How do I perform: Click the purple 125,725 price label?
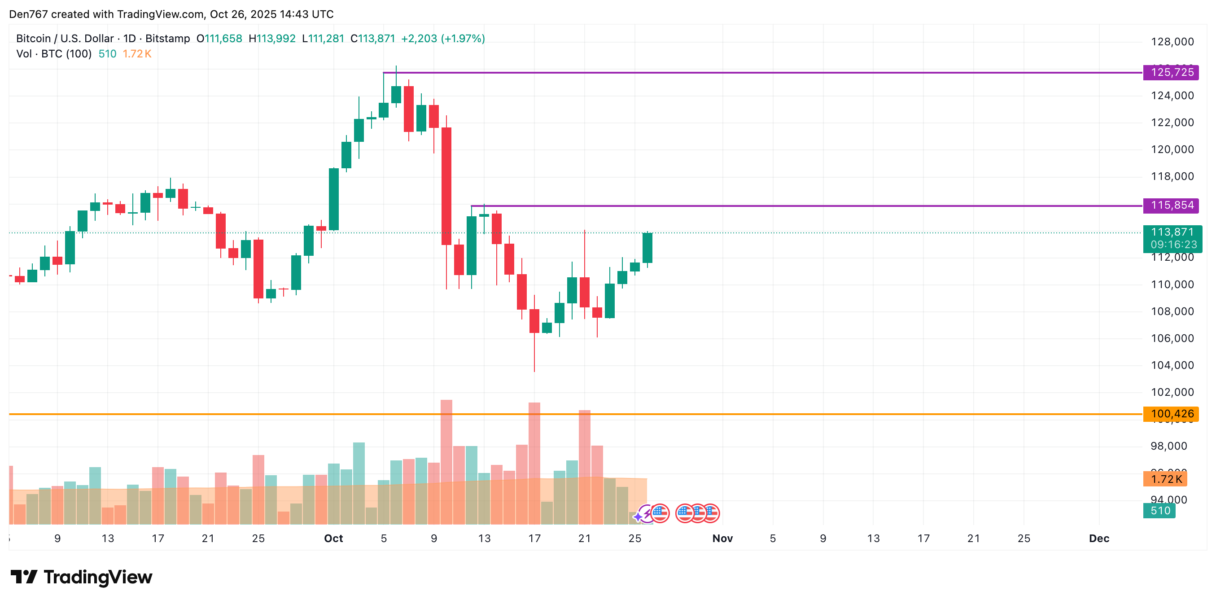1171,73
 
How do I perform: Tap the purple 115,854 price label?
1171,206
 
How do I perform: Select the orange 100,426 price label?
1171,414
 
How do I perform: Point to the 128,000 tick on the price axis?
1172,42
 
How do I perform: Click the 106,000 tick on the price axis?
1172,338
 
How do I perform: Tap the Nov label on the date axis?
722,538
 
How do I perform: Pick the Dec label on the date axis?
1099,538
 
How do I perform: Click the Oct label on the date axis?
333,538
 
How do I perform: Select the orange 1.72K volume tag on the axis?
1165,479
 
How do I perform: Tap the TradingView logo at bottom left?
81,577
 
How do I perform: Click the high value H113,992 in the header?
272,39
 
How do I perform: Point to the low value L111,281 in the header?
323,39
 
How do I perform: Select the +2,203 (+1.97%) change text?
443,39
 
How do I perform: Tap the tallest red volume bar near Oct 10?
446,463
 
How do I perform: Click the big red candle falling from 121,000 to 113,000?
446,186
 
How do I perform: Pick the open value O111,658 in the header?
219,39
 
